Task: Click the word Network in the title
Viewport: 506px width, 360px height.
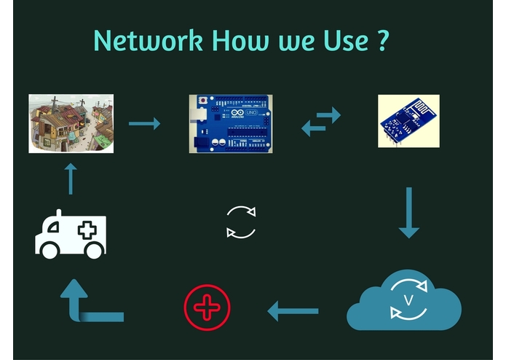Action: tap(148, 40)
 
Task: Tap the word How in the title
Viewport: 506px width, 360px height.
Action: tap(241, 40)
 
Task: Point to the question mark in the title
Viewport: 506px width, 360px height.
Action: tap(383, 40)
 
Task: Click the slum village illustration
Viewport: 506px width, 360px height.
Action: tap(71, 124)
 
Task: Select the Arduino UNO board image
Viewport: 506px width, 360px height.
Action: tap(231, 124)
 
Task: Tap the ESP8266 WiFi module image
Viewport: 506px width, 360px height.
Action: tap(408, 121)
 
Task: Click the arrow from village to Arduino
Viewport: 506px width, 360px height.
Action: tap(145, 124)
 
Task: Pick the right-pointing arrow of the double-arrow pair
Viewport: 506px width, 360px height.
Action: tap(328, 115)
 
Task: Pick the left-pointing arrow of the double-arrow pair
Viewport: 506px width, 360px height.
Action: tap(313, 128)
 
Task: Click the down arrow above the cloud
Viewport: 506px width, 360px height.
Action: tap(409, 213)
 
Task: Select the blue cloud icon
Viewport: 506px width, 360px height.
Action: tap(404, 300)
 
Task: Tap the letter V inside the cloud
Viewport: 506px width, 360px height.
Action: tap(408, 300)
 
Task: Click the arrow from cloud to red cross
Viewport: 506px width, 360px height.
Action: tap(293, 311)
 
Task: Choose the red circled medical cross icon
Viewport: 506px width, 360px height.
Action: tap(207, 308)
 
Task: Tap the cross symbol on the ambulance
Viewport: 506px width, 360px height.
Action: tap(87, 230)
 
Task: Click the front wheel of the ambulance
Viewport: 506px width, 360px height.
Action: tap(50, 250)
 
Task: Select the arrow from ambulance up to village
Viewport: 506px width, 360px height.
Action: tap(71, 179)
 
